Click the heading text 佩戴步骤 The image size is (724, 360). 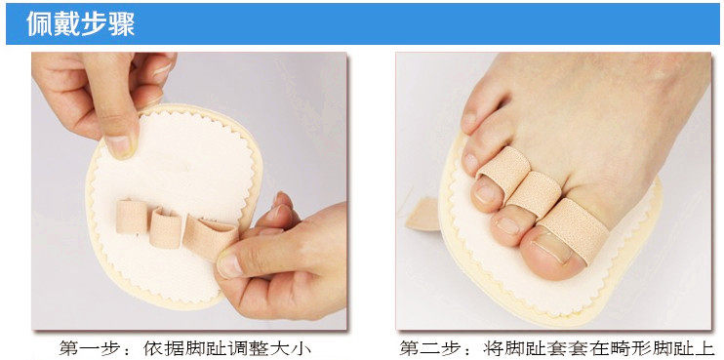81,23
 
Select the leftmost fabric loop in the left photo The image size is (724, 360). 131,217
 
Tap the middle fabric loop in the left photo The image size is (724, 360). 166,227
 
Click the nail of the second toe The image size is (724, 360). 508,225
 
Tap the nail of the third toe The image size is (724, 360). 485,194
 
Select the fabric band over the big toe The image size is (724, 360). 574,233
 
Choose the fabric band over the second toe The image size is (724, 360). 534,194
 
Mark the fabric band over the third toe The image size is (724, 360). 503,172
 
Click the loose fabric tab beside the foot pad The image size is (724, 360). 422,215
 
